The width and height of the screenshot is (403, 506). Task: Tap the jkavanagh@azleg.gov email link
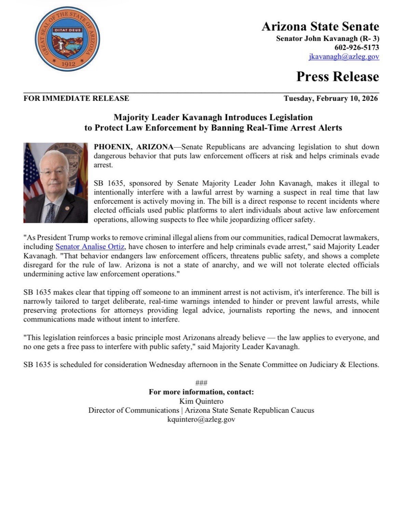[344, 57]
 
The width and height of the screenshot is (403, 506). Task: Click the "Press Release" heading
[337, 76]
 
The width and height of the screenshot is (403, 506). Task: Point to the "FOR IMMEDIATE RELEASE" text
[76, 98]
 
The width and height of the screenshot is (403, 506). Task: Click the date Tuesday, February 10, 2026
[331, 98]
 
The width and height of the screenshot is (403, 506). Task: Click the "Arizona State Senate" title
[320, 26]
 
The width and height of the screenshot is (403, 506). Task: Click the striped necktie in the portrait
[51, 212]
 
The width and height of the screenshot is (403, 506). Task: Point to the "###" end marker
[201, 383]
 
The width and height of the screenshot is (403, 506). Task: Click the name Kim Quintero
[201, 401]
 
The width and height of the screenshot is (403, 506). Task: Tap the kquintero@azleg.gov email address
[201, 419]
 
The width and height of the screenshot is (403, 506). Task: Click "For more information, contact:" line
[201, 392]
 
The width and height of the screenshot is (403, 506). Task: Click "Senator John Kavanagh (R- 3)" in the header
[327, 38]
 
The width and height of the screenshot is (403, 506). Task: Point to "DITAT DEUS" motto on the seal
[67, 30]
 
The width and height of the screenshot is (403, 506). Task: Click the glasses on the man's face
[51, 172]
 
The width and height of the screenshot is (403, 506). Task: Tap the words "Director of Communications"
[134, 410]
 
